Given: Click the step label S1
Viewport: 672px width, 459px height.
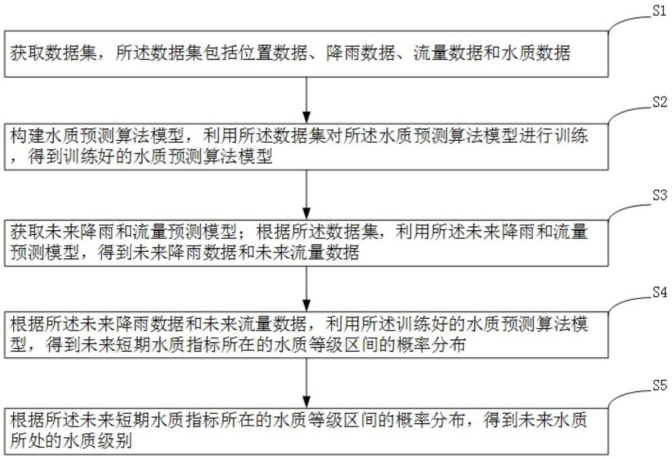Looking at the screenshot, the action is point(660,11).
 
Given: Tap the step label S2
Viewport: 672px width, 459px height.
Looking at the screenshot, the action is point(660,102).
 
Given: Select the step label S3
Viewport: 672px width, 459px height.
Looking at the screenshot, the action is point(660,195).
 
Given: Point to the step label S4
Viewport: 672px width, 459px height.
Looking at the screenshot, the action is point(660,292).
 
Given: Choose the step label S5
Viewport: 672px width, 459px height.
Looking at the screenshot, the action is point(660,385).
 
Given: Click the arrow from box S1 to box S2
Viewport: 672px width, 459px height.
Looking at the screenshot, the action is point(306,100).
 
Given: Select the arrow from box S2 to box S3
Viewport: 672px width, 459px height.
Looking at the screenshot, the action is point(306,195).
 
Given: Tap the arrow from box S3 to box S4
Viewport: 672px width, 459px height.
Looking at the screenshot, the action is point(306,288).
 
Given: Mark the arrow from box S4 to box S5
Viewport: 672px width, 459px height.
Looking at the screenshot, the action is point(306,382).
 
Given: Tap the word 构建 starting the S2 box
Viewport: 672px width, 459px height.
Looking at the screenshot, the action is point(27,136).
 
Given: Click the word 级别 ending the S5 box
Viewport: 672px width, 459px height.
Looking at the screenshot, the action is point(115,441).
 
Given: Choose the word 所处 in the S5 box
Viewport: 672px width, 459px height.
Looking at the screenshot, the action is point(27,441).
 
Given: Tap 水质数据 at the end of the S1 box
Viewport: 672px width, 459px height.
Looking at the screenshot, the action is point(536,53).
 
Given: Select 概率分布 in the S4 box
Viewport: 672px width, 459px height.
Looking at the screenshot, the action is point(431,344).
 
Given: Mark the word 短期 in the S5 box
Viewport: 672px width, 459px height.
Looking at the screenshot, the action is point(132,420).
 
